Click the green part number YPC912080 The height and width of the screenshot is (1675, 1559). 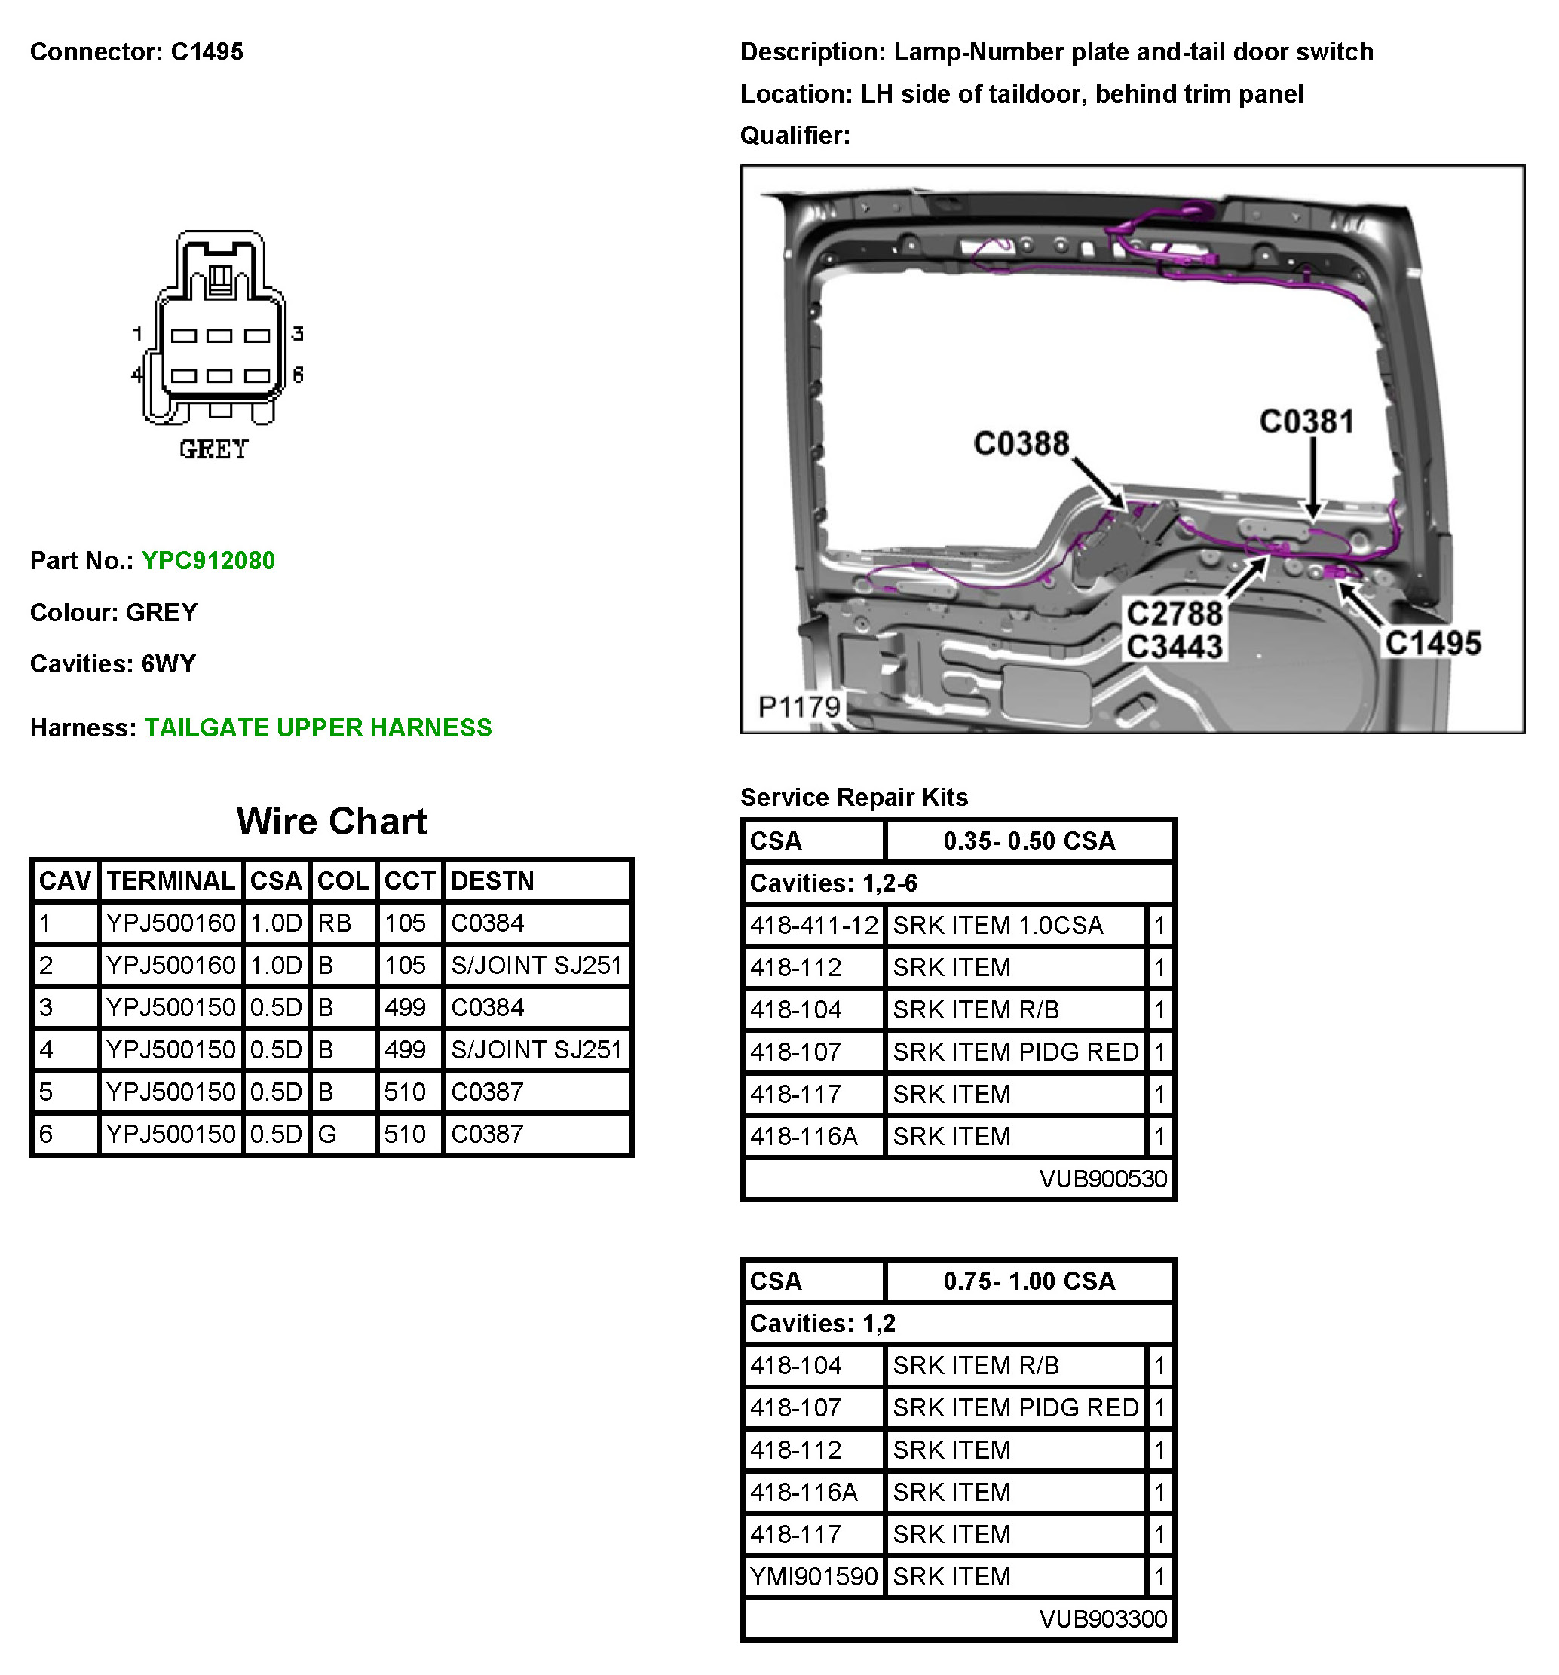click(207, 560)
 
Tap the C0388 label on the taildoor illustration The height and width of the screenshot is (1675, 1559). click(1021, 443)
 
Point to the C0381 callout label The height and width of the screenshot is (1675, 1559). click(1306, 421)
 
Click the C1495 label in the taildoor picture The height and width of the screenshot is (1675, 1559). click(1432, 643)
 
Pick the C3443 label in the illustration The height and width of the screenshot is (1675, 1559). click(1174, 647)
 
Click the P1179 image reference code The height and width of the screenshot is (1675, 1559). click(798, 706)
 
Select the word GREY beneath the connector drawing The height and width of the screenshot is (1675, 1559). click(213, 449)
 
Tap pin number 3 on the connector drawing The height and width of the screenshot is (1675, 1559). click(298, 334)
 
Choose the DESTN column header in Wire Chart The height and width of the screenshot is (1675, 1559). click(492, 880)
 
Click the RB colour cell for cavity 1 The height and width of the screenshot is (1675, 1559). click(335, 923)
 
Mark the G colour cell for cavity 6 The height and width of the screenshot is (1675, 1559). click(327, 1133)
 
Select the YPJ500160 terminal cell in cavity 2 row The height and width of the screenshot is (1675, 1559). click(170, 965)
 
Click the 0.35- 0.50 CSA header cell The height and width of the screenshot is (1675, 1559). click(1028, 840)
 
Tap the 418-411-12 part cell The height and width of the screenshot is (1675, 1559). click(814, 925)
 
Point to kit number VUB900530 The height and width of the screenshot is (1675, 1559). click(1102, 1178)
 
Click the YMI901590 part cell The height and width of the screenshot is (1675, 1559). click(814, 1575)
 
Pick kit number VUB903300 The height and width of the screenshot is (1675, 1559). click(1102, 1618)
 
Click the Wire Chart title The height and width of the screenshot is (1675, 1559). click(331, 822)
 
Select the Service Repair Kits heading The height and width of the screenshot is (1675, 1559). click(853, 796)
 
